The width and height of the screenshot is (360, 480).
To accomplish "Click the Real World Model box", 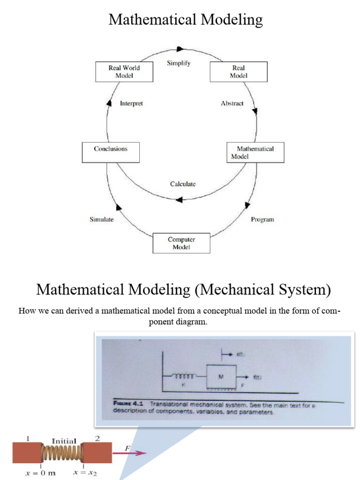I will (x=124, y=72).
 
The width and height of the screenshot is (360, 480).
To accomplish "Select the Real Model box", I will (x=239, y=72).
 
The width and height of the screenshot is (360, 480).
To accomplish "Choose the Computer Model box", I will (x=181, y=243).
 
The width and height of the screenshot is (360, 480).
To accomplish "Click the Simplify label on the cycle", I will (x=179, y=63).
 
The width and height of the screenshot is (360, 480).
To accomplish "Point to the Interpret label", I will (x=131, y=104).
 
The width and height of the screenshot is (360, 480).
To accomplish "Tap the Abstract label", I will (x=232, y=104).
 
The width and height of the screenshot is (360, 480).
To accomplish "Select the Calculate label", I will (x=183, y=184).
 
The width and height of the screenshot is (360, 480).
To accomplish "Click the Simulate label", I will (x=102, y=219).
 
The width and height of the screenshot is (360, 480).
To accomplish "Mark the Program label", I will (x=262, y=219).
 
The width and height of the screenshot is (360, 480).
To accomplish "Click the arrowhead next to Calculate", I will (x=179, y=200).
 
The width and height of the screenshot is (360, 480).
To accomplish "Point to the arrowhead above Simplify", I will (x=180, y=49).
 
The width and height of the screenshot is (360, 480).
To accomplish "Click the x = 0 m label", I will (x=40, y=473).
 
